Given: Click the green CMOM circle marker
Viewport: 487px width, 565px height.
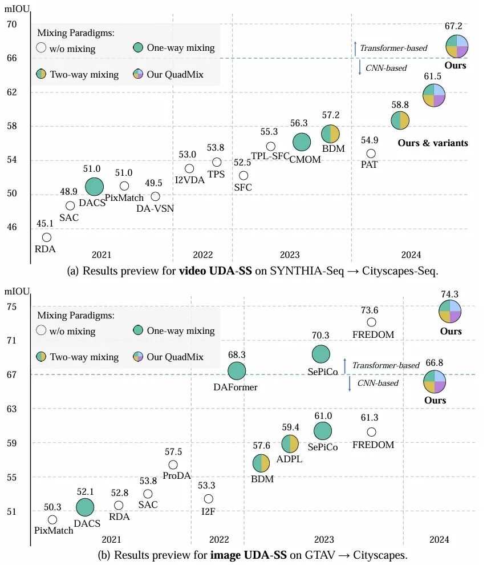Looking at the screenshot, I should pyautogui.click(x=302, y=142).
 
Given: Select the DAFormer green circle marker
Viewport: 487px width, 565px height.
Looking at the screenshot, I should pyautogui.click(x=237, y=371).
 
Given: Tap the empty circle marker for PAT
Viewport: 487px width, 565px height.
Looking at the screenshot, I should pyautogui.click(x=371, y=153).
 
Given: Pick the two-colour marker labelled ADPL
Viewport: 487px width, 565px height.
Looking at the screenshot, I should pyautogui.click(x=290, y=443).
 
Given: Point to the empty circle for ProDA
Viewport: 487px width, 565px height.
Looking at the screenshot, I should pyautogui.click(x=173, y=465).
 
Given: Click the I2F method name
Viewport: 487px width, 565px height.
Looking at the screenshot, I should pyautogui.click(x=209, y=511).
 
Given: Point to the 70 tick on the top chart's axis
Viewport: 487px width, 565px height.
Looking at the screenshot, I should pyautogui.click(x=13, y=25).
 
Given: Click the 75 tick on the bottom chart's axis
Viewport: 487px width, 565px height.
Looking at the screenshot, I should pyautogui.click(x=13, y=307).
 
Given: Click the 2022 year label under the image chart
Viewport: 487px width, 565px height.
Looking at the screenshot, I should pyautogui.click(x=219, y=539).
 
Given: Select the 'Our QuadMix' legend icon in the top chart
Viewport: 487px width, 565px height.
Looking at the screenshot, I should pyautogui.click(x=138, y=74).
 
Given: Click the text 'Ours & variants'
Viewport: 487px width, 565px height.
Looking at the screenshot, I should pyautogui.click(x=432, y=143).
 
